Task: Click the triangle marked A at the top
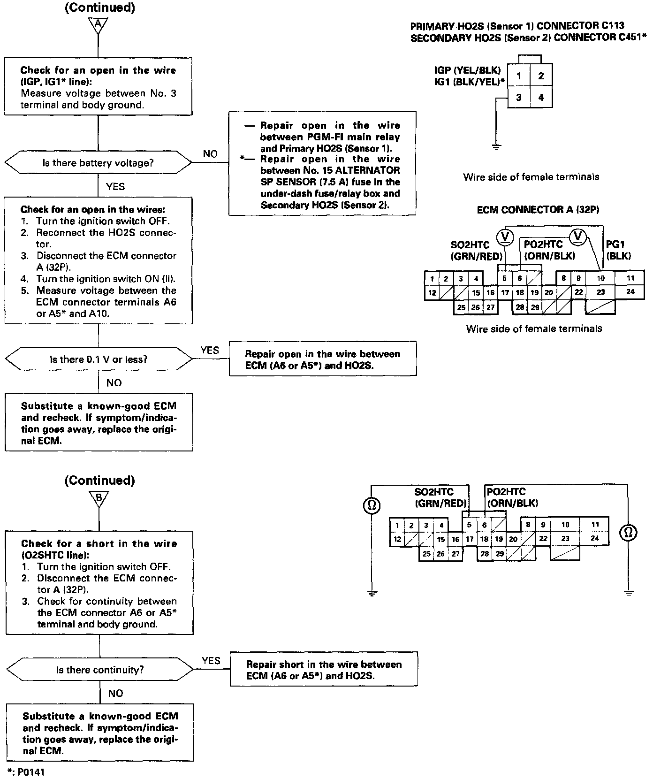point(98,25)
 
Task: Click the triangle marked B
point(99,498)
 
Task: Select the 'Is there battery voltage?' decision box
point(98,163)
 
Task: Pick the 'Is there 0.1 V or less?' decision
point(99,359)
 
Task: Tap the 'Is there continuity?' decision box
point(100,670)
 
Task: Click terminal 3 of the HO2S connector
point(518,98)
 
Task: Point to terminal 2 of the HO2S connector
point(541,76)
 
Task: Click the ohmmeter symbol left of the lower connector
point(371,506)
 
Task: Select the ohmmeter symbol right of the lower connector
point(629,532)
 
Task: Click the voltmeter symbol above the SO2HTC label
point(505,236)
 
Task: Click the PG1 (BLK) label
point(618,250)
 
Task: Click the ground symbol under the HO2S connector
point(496,147)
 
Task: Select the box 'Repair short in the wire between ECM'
point(324,670)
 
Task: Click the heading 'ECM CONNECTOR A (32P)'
point(538,210)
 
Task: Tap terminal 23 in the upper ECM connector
point(600,292)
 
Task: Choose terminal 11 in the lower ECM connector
point(595,525)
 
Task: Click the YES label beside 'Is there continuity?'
point(211,660)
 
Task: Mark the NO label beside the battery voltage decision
point(210,154)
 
